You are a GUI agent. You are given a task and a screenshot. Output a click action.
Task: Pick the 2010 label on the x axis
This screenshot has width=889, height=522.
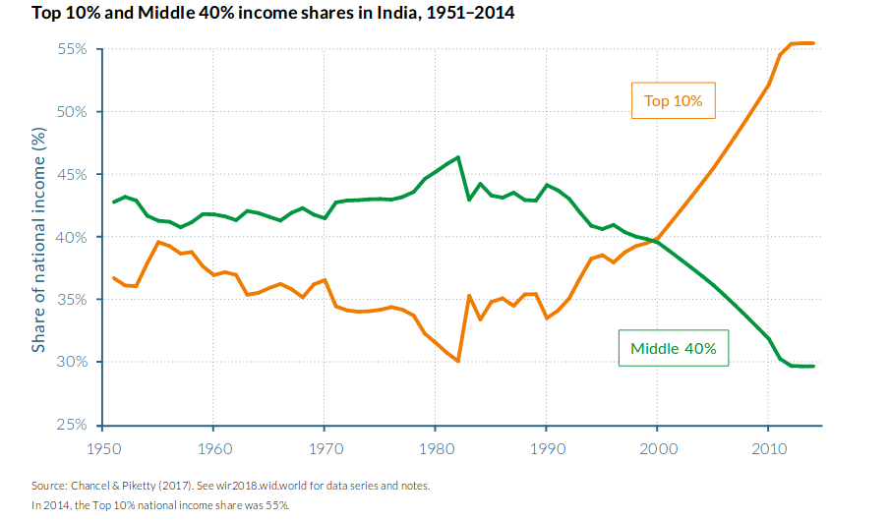coord(768,449)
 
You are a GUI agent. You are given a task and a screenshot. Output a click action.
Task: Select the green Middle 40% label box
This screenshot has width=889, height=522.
coord(673,348)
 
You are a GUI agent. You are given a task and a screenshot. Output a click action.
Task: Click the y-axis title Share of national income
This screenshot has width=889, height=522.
coord(38,239)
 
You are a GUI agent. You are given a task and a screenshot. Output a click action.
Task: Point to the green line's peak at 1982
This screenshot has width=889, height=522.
coord(458,157)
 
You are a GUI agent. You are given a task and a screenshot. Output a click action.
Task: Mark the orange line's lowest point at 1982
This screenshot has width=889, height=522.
coord(458,362)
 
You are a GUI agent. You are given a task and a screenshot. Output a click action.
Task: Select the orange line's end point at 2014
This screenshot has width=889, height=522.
coord(812,43)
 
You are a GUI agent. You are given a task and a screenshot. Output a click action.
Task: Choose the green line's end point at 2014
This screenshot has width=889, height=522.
coord(812,367)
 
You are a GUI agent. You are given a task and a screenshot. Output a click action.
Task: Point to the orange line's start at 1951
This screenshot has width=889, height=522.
coord(114,278)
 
